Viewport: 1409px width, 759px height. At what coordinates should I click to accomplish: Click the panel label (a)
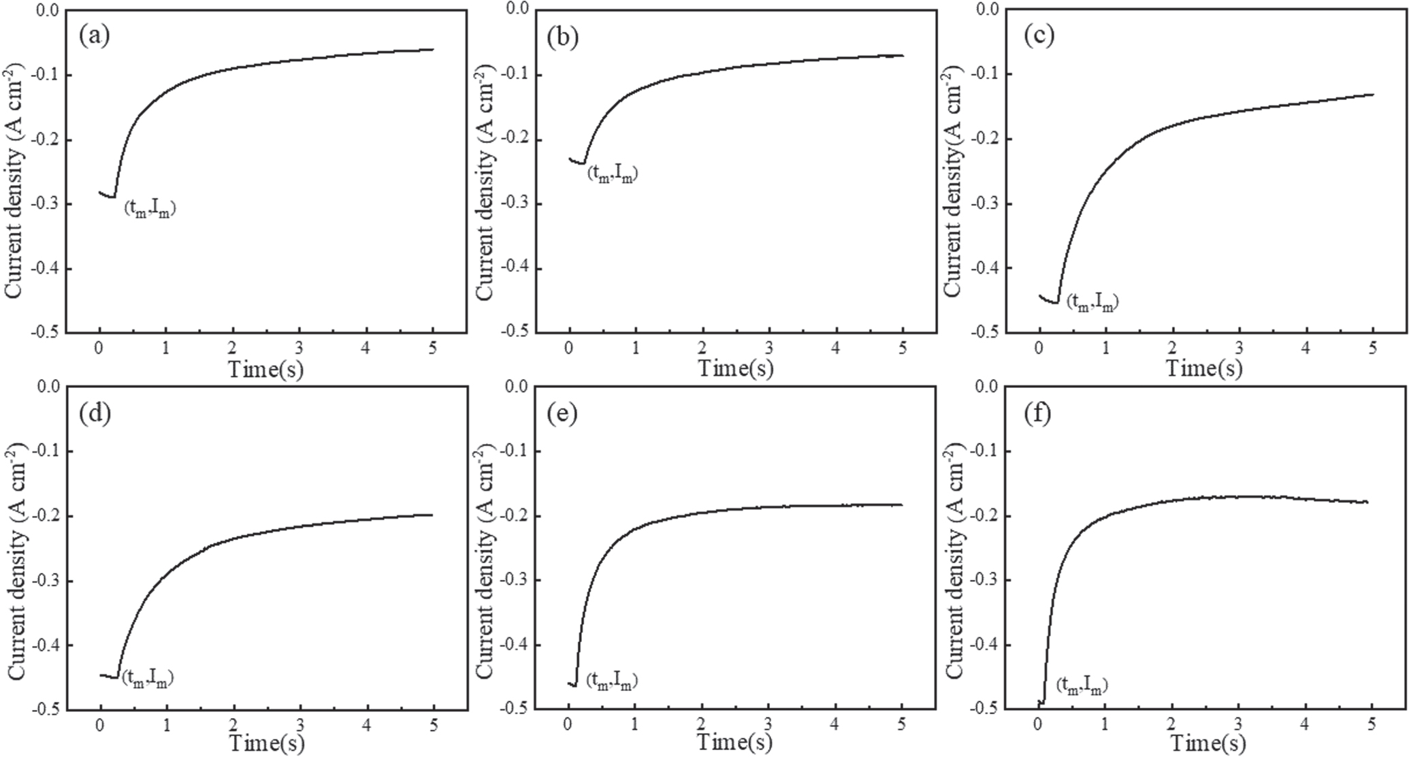pos(94,35)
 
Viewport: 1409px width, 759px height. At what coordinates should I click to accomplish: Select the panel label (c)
pos(1039,35)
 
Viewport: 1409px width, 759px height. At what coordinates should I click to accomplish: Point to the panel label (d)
pos(95,413)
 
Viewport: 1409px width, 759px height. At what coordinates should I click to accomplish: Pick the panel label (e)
pos(562,413)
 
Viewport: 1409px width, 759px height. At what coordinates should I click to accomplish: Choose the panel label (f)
pos(1037,413)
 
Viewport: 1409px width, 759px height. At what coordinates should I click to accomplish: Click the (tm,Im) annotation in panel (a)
pos(150,209)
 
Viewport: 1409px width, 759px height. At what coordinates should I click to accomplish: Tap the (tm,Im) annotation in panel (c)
pos(1092,302)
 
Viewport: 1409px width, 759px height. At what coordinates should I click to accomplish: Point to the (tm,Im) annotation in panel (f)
pos(1082,684)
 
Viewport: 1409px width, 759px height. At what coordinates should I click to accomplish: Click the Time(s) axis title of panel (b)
pos(736,368)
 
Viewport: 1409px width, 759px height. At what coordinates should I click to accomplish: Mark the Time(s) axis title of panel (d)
pos(266,743)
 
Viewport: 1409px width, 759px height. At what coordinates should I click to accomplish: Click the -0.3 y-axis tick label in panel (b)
pos(514,204)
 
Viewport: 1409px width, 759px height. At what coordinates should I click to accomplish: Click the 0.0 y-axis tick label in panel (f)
pos(984,386)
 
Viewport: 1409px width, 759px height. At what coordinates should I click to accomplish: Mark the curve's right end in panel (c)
pos(1372,95)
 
